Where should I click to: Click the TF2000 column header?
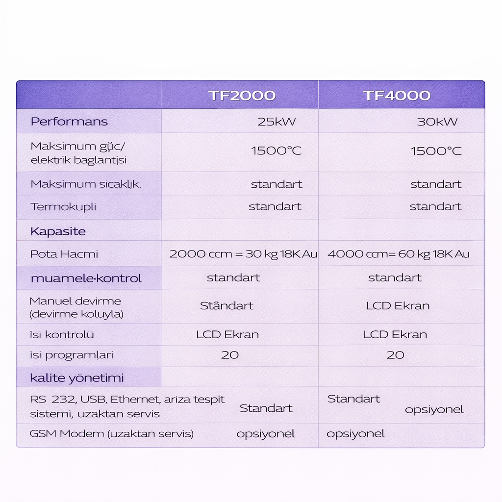click(x=242, y=95)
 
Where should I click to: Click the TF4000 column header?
click(x=397, y=95)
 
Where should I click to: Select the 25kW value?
click(x=276, y=122)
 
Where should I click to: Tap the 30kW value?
click(x=437, y=122)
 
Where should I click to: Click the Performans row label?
click(x=69, y=122)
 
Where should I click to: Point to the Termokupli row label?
click(x=63, y=207)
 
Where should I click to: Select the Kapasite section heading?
click(x=58, y=231)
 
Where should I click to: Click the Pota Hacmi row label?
click(x=64, y=254)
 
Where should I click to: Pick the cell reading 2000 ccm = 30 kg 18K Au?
click(x=243, y=254)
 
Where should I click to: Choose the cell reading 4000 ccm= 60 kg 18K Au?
click(x=398, y=254)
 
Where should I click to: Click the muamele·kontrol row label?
click(x=86, y=278)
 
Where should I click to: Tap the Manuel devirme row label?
click(x=76, y=307)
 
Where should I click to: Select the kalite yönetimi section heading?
click(x=77, y=378)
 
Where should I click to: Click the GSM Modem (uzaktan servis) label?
click(x=112, y=434)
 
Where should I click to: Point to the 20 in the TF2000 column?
click(x=229, y=355)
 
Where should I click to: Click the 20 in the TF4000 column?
click(x=395, y=355)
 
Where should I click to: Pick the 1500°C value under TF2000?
click(x=276, y=151)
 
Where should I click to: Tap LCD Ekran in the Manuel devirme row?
click(x=398, y=306)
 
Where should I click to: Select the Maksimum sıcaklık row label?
click(x=86, y=184)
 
